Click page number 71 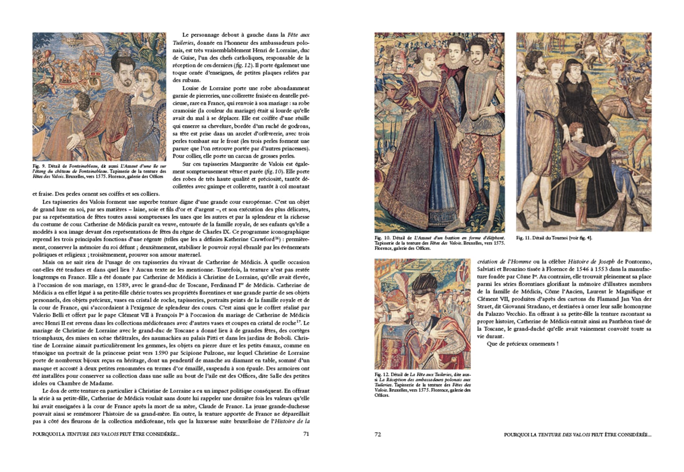(306, 434)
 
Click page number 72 (377, 434)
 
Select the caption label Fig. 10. (382, 238)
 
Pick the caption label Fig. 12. (382, 374)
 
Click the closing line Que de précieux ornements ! (522, 344)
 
